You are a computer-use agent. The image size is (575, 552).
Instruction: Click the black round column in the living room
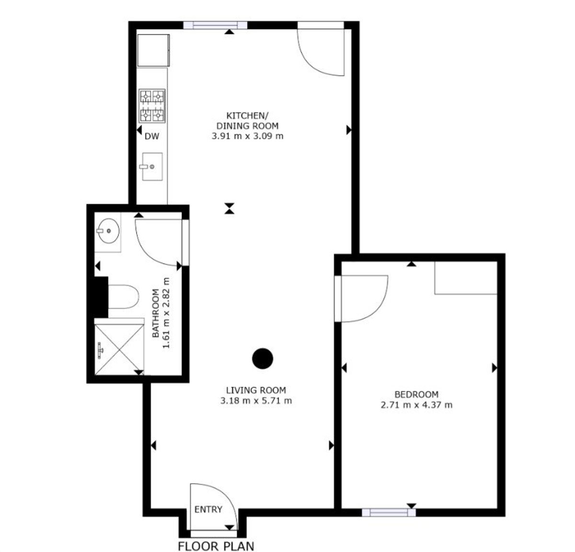pyautogui.click(x=263, y=359)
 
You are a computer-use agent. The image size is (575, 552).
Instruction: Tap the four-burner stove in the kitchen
pyautogui.click(x=152, y=106)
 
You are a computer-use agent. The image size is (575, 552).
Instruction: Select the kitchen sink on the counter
pyautogui.click(x=152, y=167)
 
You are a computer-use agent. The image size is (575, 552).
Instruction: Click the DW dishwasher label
pyautogui.click(x=152, y=136)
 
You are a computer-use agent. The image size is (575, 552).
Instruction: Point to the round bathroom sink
pyautogui.click(x=108, y=231)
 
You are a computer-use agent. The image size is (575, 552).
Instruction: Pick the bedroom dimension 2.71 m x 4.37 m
pyautogui.click(x=416, y=405)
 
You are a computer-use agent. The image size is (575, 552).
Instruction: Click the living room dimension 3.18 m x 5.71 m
pyautogui.click(x=256, y=401)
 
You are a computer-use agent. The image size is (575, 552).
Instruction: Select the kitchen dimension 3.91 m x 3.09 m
pyautogui.click(x=247, y=136)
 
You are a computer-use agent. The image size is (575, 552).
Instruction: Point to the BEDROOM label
pyautogui.click(x=416, y=394)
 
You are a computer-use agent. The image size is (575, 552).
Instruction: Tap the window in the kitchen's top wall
pyautogui.click(x=215, y=25)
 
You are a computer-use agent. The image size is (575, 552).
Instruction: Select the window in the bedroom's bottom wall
pyautogui.click(x=389, y=513)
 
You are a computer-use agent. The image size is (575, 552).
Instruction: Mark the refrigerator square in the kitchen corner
pyautogui.click(x=153, y=50)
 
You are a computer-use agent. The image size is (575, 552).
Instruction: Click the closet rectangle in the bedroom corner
pyautogui.click(x=466, y=278)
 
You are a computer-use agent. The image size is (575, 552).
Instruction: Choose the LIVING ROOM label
pyautogui.click(x=256, y=390)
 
